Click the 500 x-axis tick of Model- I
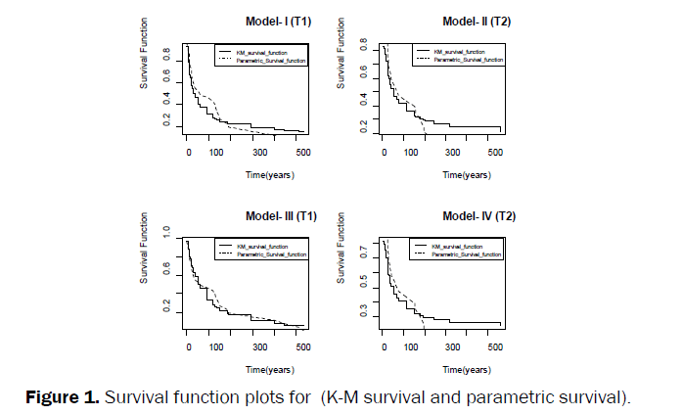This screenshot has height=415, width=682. (302, 152)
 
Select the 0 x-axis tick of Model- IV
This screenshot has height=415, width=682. (384, 346)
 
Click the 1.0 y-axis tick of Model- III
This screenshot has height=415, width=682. (164, 232)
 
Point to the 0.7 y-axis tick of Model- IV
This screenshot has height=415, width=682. (361, 253)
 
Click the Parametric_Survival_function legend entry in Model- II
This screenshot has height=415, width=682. (468, 59)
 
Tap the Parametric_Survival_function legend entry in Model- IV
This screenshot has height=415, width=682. (468, 254)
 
